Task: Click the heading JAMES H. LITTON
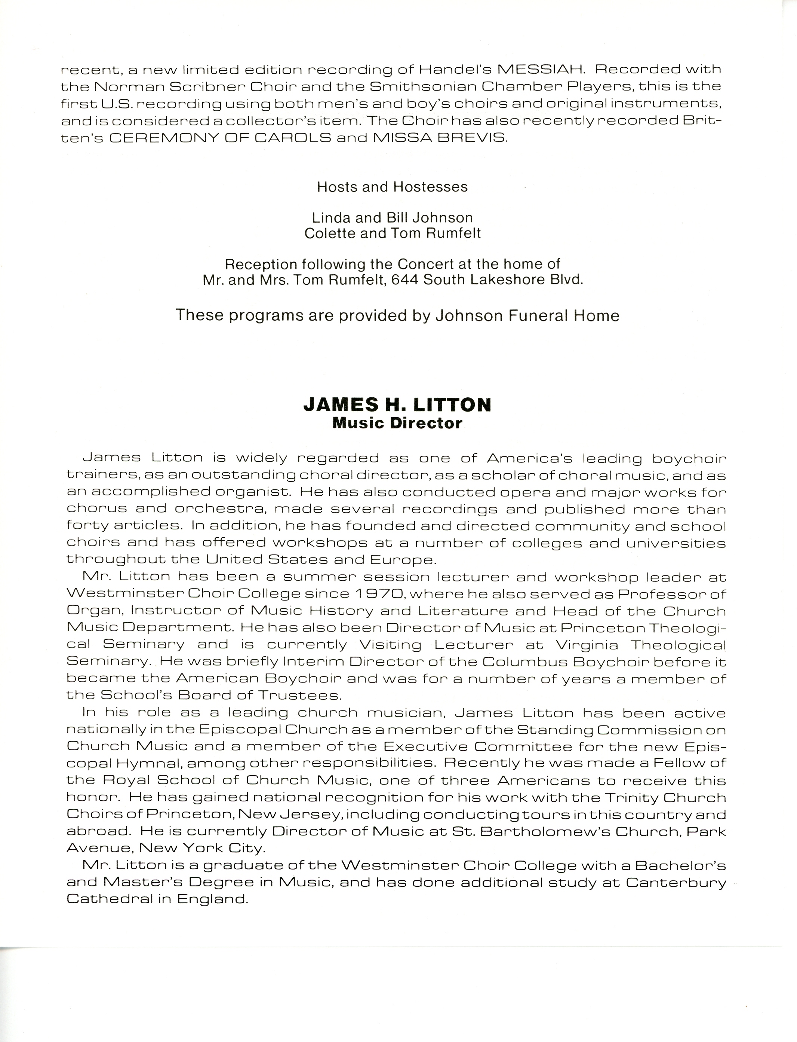coord(397,404)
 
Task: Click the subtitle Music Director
coord(397,422)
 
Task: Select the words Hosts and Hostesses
coord(393,187)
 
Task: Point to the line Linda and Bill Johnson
coord(393,218)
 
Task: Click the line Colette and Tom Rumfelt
coord(393,233)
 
